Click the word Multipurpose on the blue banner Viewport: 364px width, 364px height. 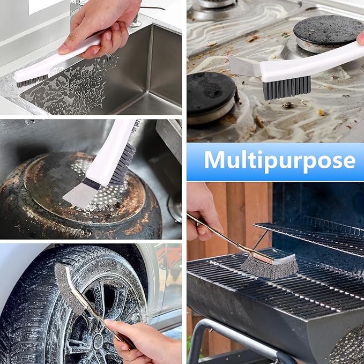point(279,160)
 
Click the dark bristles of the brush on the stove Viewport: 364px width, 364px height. point(286,87)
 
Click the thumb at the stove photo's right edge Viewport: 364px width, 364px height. point(360,38)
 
